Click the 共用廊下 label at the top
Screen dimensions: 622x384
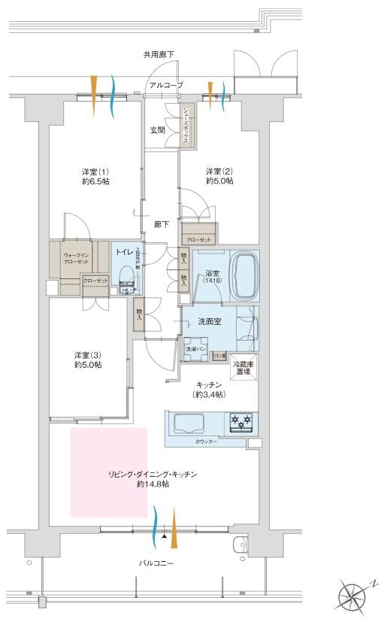[x=159, y=55]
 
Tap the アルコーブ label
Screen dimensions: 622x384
[x=165, y=86]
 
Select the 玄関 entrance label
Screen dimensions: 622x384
[x=158, y=130]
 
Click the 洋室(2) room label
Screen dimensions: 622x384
[x=219, y=176]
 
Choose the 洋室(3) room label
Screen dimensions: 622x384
[x=88, y=360]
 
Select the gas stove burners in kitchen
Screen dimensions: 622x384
[x=241, y=423]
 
